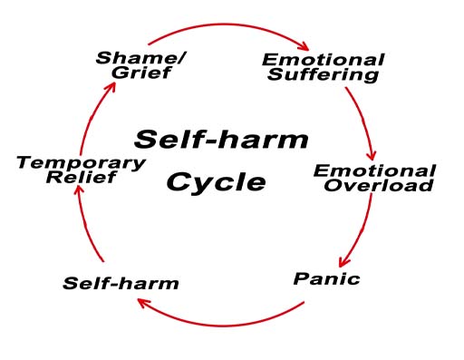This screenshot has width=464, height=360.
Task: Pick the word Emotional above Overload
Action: [x=374, y=171]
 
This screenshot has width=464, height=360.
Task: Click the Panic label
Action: [x=326, y=277]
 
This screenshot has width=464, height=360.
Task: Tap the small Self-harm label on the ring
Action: [x=121, y=283]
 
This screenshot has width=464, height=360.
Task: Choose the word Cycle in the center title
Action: [x=216, y=182]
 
